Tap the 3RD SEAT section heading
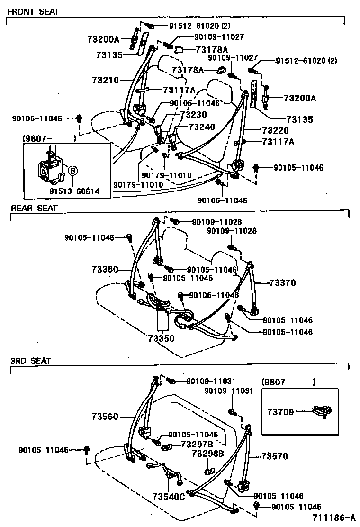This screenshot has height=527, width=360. [31, 361]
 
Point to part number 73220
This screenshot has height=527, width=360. [275, 130]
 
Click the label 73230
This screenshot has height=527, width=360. [194, 114]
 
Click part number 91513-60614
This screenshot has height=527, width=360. [74, 191]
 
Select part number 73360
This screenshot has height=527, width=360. [105, 269]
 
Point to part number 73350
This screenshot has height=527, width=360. [161, 339]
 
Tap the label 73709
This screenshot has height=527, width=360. [280, 412]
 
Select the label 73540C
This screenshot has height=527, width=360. [168, 497]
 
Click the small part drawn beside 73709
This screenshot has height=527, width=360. [321, 412]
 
